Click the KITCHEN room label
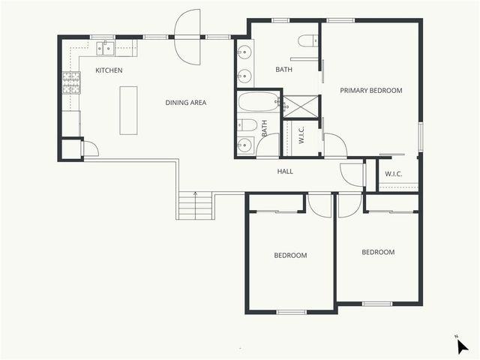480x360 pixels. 109,70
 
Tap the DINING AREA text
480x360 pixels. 186,103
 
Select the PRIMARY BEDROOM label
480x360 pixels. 370,91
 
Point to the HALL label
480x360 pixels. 285,172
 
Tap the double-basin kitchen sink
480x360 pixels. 105,49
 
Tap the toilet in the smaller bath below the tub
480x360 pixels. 248,124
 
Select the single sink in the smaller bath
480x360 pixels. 244,145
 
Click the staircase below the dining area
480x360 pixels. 195,205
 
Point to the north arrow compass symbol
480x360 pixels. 462,345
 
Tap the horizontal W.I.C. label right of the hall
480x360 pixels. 394,175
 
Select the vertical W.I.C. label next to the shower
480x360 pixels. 301,135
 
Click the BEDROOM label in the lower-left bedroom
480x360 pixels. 290,256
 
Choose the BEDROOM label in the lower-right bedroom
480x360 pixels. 378,252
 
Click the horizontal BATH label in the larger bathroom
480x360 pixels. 283,70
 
